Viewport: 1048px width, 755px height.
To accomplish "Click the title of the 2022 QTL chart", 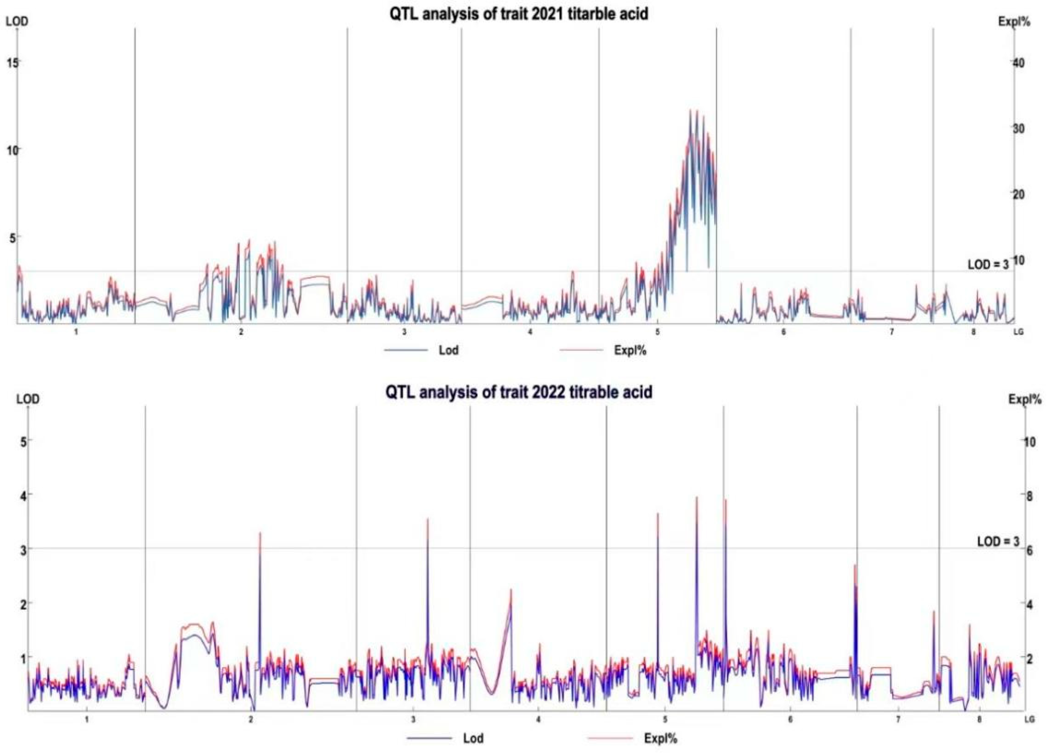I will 519,392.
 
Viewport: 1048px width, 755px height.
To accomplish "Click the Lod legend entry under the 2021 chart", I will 448,350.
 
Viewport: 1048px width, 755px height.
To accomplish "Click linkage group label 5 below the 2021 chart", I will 657,332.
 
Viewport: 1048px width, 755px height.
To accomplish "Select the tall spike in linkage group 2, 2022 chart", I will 260,534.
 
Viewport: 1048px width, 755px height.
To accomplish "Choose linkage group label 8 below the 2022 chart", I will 979,719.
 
